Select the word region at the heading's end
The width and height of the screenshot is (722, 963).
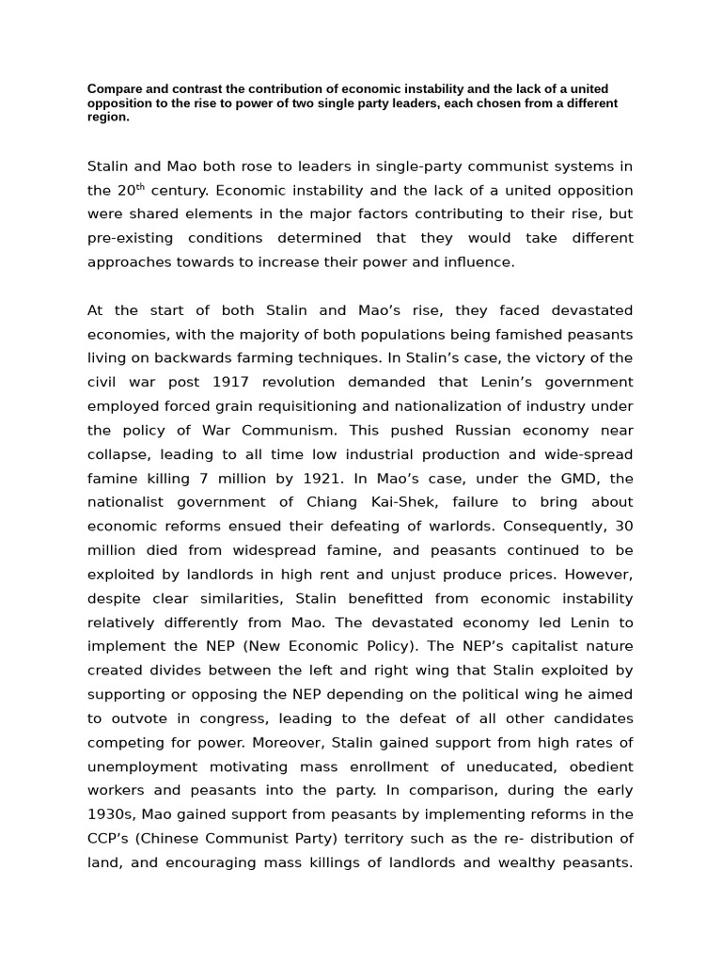[x=107, y=118]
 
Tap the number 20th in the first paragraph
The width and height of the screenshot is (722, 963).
[x=133, y=190]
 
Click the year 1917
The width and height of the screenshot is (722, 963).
[x=230, y=382]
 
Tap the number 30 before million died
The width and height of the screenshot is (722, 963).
[x=622, y=526]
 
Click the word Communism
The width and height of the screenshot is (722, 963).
[x=253, y=430]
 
